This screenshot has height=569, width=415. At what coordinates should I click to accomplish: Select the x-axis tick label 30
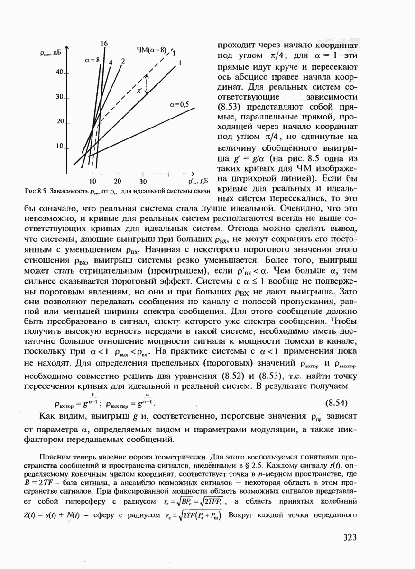coord(143,181)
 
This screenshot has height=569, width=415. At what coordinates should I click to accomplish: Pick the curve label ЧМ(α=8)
coord(151,49)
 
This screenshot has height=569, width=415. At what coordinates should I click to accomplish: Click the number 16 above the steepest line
coord(104,44)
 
